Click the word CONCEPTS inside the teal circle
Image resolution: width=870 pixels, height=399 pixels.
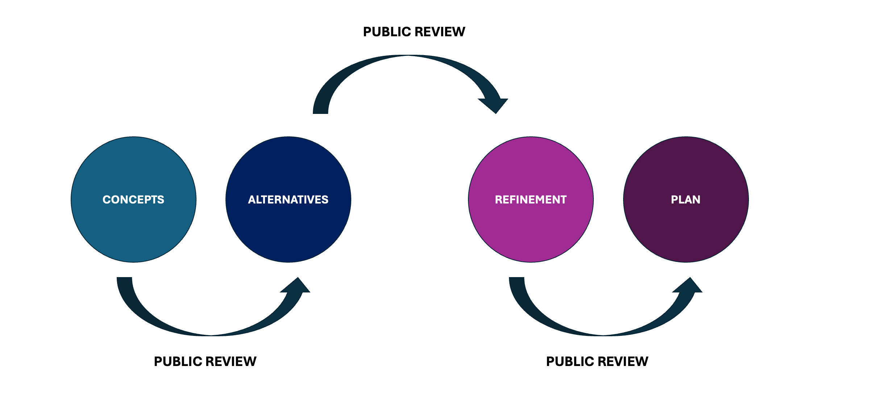pos(133,199)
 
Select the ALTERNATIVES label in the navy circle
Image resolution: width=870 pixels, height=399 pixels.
pos(288,199)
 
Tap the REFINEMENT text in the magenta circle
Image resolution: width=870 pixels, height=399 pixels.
pos(531,199)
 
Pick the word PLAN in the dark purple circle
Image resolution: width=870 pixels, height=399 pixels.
pos(685,199)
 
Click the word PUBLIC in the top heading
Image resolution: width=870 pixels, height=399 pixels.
pos(387,32)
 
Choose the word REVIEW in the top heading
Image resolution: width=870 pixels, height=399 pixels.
pos(440,32)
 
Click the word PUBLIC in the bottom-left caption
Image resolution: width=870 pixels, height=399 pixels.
pos(178,362)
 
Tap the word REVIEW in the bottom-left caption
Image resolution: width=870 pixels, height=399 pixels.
pos(231,362)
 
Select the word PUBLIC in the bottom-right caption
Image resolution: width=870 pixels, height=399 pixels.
pos(570,362)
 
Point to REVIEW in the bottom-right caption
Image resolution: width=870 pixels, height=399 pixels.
pos(623,362)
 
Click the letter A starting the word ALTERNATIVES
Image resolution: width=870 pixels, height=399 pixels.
pos(252,199)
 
